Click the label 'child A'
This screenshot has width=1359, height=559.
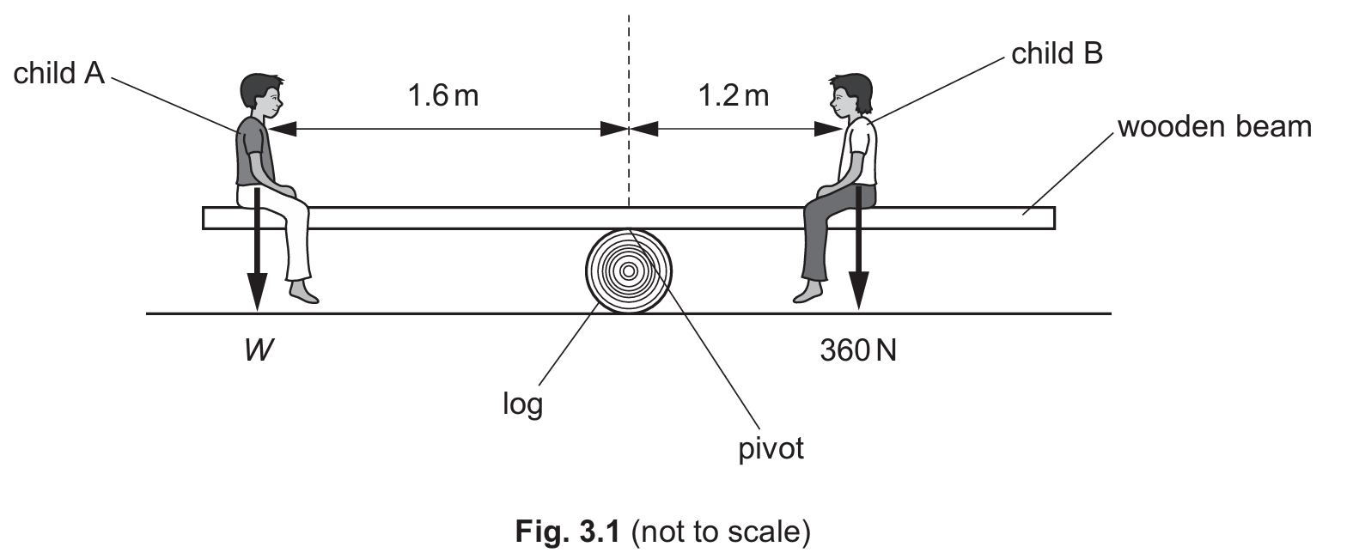pos(58,74)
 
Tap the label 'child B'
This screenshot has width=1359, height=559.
pos(1057,54)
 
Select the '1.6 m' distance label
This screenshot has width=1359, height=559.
pos(442,95)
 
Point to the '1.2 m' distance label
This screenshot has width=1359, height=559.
pos(733,95)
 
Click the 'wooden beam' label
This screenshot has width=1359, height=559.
pos(1215,127)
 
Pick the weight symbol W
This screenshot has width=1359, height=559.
pos(258,350)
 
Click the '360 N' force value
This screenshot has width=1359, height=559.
pos(857,350)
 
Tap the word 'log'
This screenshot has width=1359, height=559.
pos(522,403)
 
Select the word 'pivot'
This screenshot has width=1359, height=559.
pos(771,448)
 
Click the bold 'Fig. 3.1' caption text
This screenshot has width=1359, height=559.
pos(567,532)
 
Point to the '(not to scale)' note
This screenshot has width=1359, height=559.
pos(721,532)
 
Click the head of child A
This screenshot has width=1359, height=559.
pos(261,97)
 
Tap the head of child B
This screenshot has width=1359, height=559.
pos(850,95)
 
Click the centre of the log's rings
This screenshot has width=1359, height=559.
pos(628,270)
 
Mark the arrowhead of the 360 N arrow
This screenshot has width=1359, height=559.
pos(857,292)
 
